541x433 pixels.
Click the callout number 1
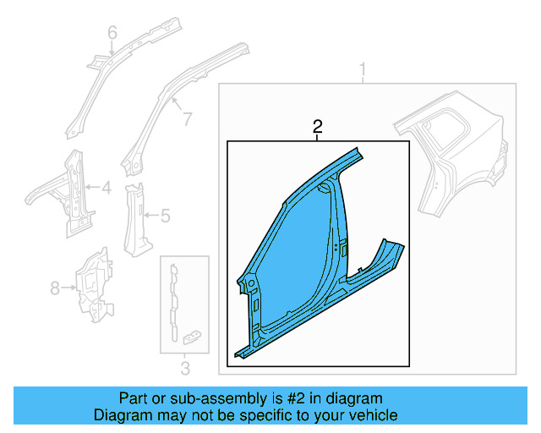pos(364,69)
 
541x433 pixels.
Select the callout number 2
pos(317,127)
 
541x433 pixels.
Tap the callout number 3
pos(185,367)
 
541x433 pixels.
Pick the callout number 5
pos(165,216)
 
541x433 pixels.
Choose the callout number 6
pos(112,33)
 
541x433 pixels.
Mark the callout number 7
pos(187,119)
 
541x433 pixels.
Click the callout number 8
pos(55,288)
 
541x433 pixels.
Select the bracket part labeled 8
pos(95,283)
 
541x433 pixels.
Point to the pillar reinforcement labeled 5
pos(135,216)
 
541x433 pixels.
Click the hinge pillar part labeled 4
pos(72,190)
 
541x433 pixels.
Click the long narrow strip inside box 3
pos(175,300)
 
